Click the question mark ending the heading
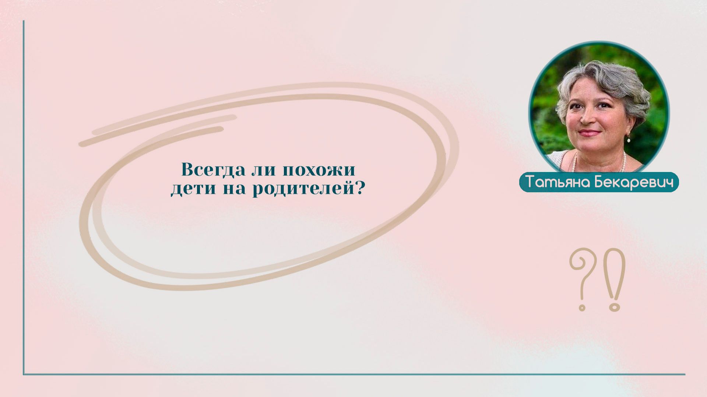[360, 189]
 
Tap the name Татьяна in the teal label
[557, 182]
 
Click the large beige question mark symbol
[581, 273]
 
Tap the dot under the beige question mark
[582, 306]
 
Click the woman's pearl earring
[629, 140]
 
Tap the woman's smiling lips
[589, 133]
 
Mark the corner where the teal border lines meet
[24, 374]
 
